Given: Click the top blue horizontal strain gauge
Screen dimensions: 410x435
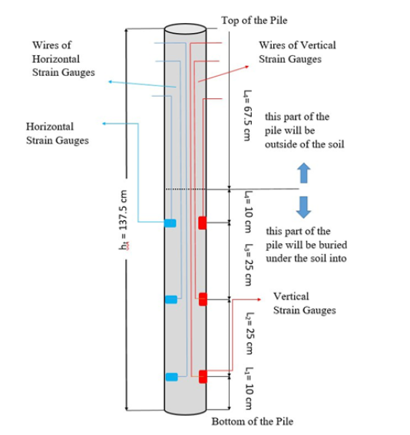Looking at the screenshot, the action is [170, 223].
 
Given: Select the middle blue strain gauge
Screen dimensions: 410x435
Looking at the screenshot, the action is [171, 299].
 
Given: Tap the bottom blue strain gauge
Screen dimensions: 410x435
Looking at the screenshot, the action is [171, 377].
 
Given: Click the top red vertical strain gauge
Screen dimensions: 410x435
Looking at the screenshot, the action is [203, 222].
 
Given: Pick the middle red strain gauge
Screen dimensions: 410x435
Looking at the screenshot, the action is [203, 299].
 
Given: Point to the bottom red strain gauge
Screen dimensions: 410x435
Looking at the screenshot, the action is [203, 377].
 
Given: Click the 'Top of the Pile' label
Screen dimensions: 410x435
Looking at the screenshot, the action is [254, 20].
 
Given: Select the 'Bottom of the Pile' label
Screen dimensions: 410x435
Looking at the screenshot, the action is [253, 421].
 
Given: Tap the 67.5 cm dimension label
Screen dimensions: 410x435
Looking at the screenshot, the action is [247, 115].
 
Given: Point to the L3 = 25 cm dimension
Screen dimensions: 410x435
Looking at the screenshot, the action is [249, 265].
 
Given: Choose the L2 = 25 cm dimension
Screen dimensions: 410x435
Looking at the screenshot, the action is [250, 333].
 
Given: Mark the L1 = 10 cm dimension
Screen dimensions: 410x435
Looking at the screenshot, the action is [250, 388].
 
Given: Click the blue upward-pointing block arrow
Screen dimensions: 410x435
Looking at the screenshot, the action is [304, 173].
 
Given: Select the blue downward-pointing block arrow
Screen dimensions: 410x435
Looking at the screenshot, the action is [304, 207].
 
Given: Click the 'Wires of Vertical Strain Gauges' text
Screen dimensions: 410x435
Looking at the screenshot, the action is [297, 52].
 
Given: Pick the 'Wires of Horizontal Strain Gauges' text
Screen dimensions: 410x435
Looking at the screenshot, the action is [64, 58].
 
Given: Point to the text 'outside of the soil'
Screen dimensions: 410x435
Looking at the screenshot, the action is [305, 144].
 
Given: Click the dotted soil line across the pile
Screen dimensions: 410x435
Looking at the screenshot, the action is [186, 189].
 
